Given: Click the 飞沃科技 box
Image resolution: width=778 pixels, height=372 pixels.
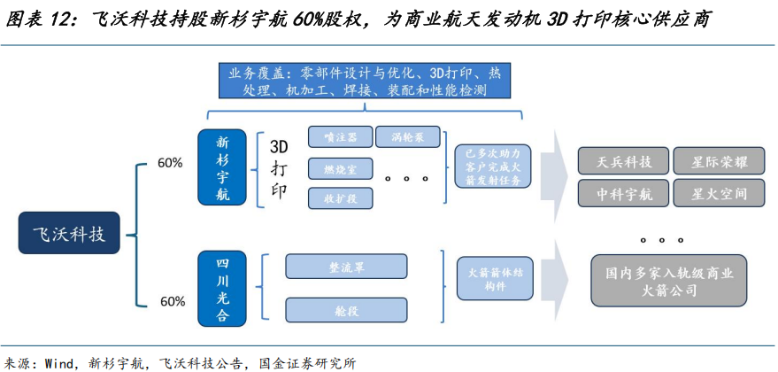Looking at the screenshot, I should (x=68, y=235).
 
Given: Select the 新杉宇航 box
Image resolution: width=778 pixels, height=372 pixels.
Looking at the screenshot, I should (x=222, y=166).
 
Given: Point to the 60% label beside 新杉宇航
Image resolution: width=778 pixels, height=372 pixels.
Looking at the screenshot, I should (x=170, y=163).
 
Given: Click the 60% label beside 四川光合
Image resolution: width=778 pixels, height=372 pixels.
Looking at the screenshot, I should (x=172, y=300).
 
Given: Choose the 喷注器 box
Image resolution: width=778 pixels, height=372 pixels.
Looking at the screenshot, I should (x=340, y=136).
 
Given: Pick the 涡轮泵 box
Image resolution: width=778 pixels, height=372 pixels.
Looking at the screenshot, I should (x=407, y=136).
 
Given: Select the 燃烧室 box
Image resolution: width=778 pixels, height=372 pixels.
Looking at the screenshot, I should (x=340, y=167).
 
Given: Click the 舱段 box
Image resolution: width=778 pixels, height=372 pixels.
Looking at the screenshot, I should (x=346, y=308).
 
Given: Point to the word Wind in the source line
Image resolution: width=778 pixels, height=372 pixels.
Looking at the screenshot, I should (x=59, y=362).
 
